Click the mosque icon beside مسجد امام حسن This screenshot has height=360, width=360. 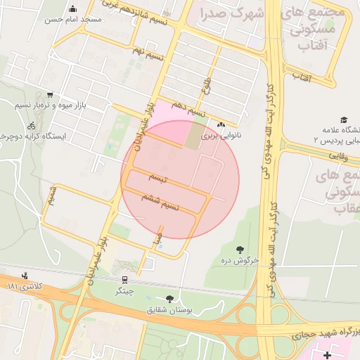click(x=73, y=9)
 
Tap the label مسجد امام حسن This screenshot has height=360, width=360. click(x=73, y=20)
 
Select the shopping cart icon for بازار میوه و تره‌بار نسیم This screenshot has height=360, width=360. click(x=49, y=95)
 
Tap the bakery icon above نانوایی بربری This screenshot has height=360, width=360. click(x=221, y=125)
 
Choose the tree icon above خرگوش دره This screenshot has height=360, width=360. click(x=240, y=250)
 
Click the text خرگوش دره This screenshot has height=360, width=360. click(x=240, y=260)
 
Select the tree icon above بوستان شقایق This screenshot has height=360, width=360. click(x=169, y=299)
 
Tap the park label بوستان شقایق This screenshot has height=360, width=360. click(x=169, y=309)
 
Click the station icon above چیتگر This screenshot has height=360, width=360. click(x=124, y=280)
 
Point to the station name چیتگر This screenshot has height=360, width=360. click(x=124, y=290)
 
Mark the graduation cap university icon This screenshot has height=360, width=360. click(x=344, y=120)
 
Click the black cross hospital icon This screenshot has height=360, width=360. click(x=327, y=356)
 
